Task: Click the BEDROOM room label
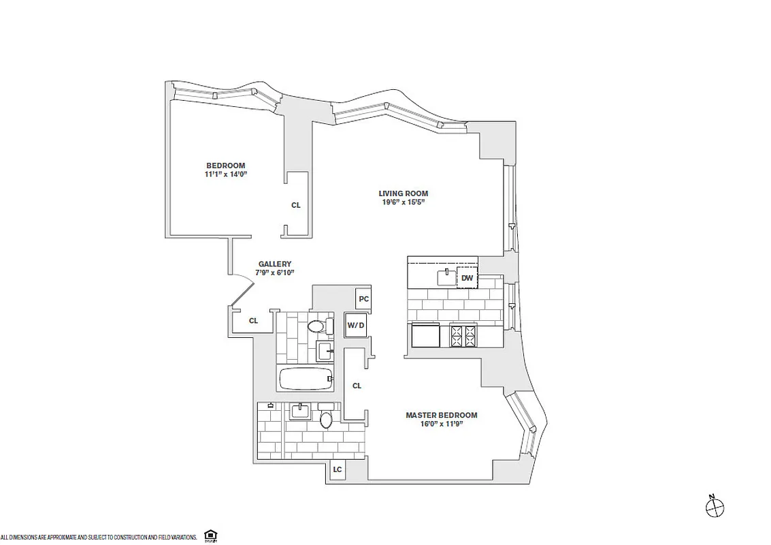pos(226,166)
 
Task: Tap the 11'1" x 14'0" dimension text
pos(226,174)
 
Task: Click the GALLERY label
pos(275,264)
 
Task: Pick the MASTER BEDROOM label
pos(441,415)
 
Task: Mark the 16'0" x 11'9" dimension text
pos(441,424)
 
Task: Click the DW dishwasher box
pos(467,278)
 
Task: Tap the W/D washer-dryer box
pos(356,325)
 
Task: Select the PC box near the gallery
pos(363,299)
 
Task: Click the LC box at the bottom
pos(338,469)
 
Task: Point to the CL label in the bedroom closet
pos(295,205)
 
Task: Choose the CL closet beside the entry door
pos(253,321)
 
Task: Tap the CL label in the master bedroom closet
pos(357,386)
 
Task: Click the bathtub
pos(306,378)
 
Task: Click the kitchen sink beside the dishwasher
pos(445,277)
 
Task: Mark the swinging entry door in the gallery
pos(241,289)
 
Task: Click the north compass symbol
pos(715,507)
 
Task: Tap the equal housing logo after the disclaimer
pos(211,537)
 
